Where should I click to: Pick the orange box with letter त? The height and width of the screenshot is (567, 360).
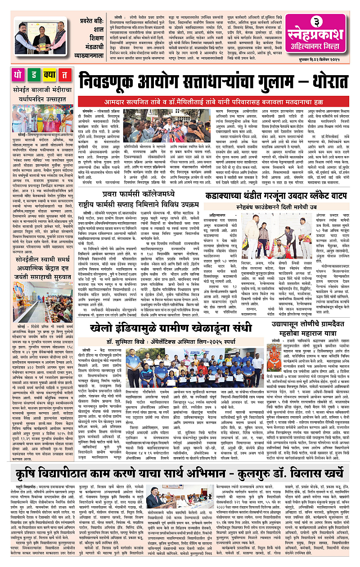click(65, 74)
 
